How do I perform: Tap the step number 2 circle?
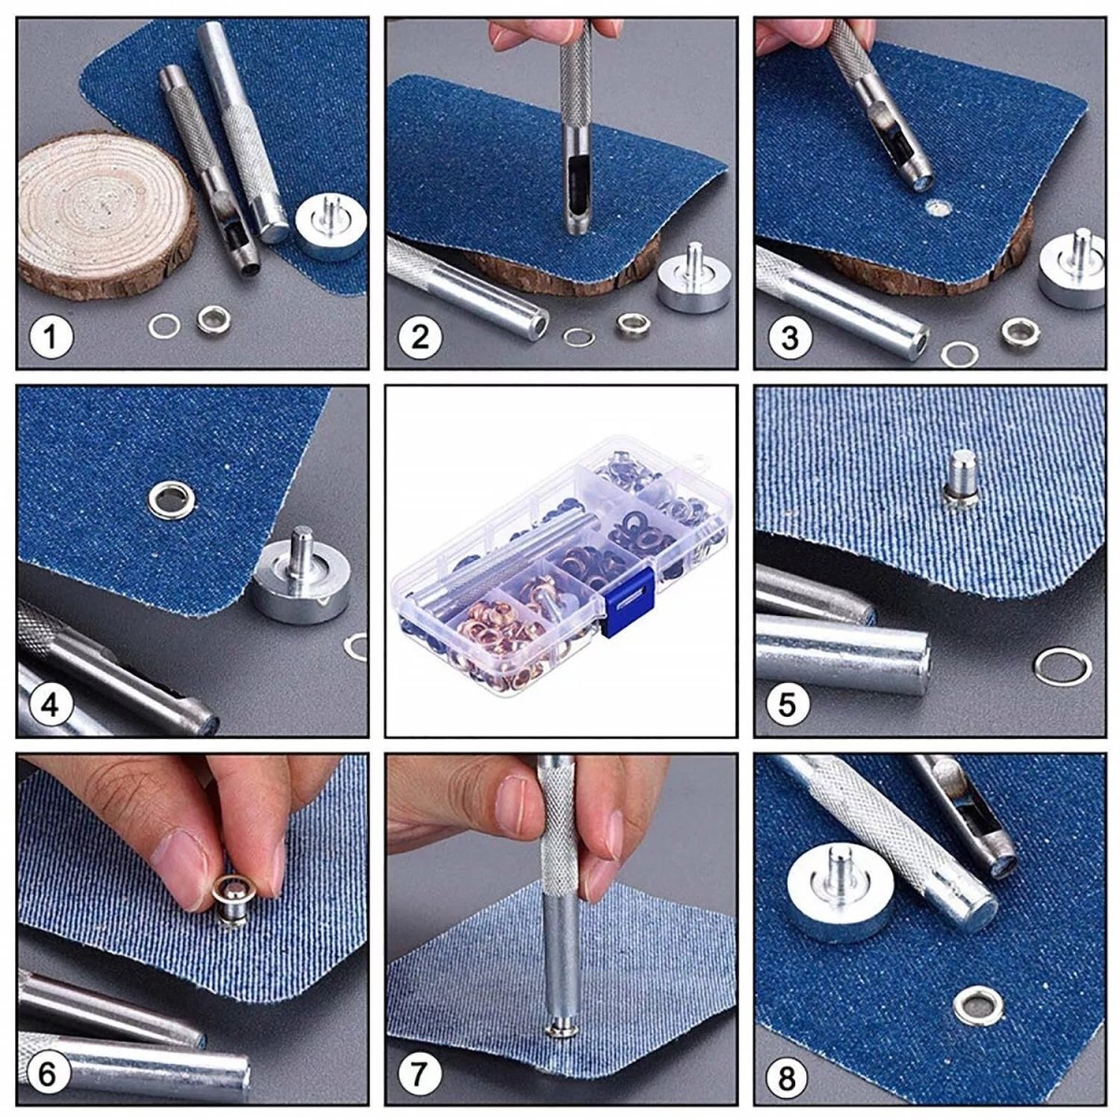(420, 336)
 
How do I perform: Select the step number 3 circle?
(790, 336)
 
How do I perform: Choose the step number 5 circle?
(790, 704)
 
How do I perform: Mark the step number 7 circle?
(420, 1074)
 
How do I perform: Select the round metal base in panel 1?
(329, 229)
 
